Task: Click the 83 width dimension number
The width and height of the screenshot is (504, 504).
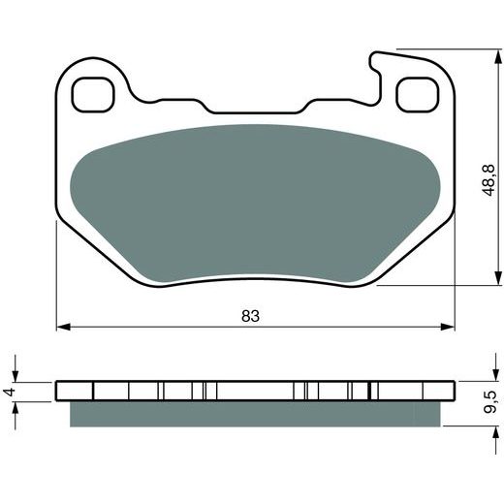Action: pos(250,316)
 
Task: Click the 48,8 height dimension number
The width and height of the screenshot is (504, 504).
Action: pos(488,180)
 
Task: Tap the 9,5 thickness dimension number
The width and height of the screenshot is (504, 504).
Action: pos(489,402)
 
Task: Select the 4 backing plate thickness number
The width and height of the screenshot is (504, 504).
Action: pos(10,392)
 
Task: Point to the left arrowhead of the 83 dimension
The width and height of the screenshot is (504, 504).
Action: pos(63,327)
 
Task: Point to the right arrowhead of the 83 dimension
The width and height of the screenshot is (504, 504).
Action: pos(448,327)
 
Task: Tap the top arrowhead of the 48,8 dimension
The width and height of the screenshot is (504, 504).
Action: pos(497,56)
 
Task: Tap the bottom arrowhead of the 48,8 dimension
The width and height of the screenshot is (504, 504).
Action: pos(497,278)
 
